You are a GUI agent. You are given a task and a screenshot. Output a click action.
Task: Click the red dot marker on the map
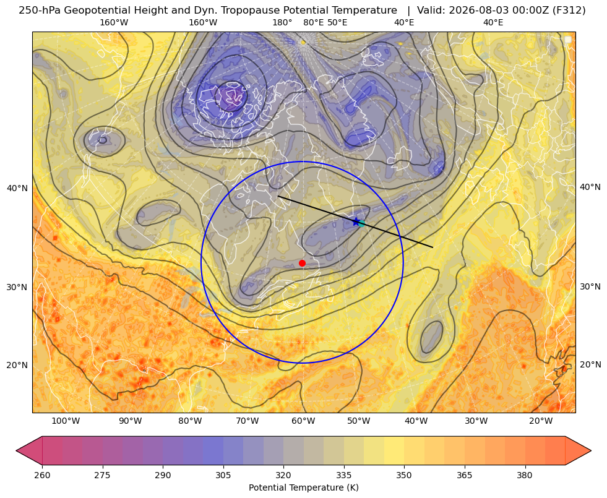tap(303, 263)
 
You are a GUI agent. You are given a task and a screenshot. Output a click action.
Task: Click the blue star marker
tap(356, 221)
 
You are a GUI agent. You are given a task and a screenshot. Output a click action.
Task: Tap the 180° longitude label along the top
tap(282, 22)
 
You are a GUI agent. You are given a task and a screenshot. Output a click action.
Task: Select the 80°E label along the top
tap(313, 22)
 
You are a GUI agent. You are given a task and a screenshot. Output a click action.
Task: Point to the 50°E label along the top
tap(337, 22)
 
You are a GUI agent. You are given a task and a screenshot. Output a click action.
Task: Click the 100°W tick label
tap(66, 421)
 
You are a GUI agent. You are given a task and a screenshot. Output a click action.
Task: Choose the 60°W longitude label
tap(303, 421)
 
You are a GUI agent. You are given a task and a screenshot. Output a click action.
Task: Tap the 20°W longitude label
tap(541, 421)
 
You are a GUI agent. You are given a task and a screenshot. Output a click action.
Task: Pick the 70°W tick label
tap(247, 421)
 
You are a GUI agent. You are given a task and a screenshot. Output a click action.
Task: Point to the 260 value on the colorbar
tap(42, 475)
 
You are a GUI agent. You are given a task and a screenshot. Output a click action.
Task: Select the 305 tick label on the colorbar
tap(223, 475)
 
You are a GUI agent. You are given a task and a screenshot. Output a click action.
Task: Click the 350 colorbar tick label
tap(404, 475)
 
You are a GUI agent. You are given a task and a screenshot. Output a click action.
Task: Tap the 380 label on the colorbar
tap(525, 475)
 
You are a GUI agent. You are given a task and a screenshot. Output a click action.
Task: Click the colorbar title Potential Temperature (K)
tap(303, 487)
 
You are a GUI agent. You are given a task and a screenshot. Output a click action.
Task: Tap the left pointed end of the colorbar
tap(16, 450)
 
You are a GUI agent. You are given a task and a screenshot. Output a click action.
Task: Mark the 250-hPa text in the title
tap(40, 11)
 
